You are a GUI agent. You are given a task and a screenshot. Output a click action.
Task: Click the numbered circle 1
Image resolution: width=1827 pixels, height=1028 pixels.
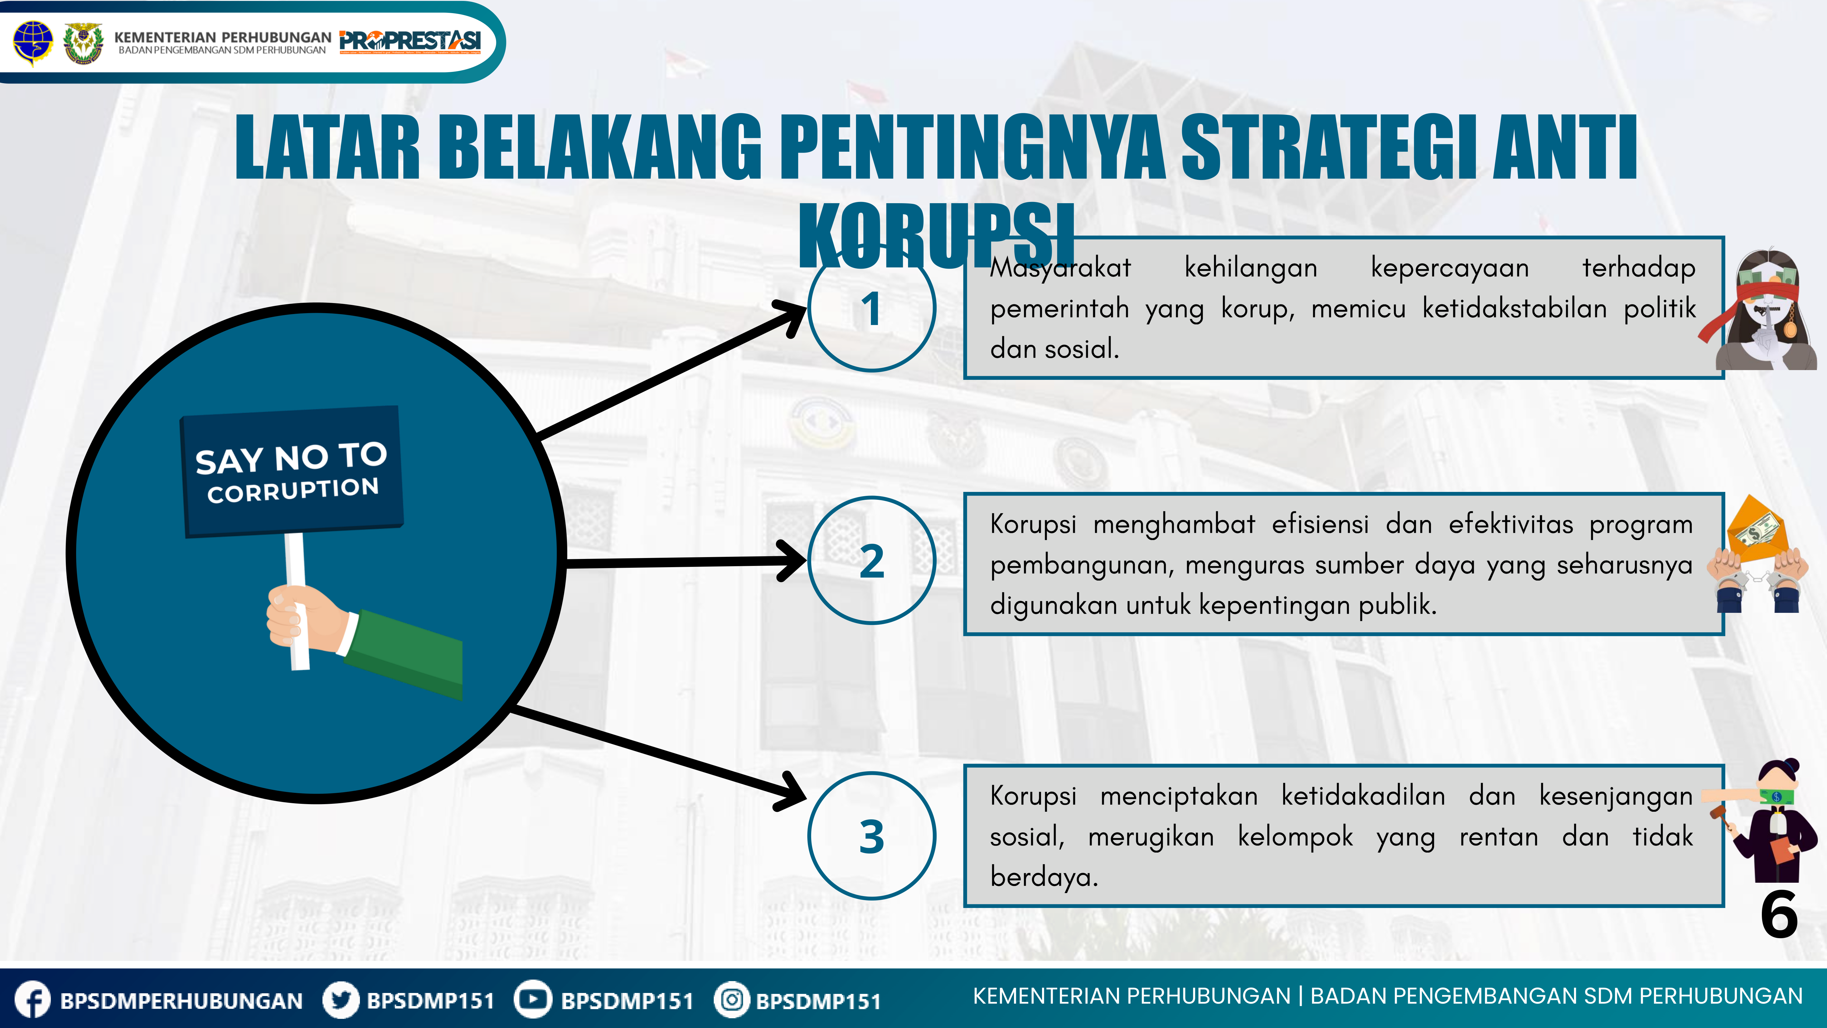click(872, 308)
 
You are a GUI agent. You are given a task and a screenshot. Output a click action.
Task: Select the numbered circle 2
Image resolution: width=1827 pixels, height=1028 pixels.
click(872, 560)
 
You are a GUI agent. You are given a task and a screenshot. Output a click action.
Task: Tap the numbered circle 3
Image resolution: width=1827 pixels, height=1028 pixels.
click(872, 836)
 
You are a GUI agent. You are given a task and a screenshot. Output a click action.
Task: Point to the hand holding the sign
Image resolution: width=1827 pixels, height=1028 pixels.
click(301, 617)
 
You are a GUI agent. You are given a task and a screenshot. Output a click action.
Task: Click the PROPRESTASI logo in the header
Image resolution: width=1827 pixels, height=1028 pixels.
click(410, 41)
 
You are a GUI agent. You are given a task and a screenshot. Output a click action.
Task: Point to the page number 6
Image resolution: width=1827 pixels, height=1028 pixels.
click(1779, 915)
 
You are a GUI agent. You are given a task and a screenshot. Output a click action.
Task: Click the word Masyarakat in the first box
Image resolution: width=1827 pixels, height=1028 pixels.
click(1060, 268)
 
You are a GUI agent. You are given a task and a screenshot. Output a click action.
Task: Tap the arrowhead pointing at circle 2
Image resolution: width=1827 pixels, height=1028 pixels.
click(794, 560)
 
